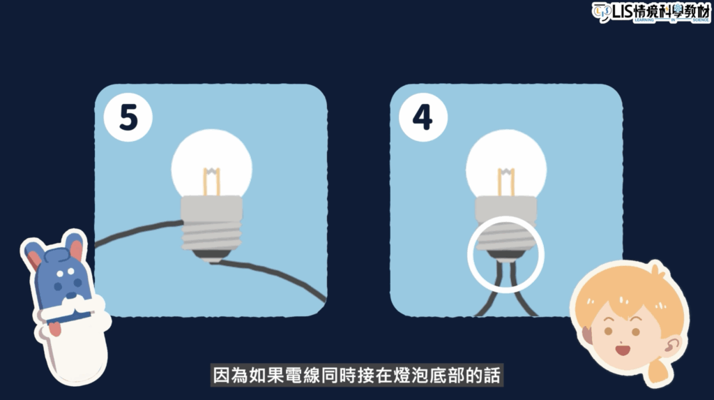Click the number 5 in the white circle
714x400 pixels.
click(128, 117)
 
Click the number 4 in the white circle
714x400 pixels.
click(422, 117)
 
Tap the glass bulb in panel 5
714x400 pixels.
click(212, 162)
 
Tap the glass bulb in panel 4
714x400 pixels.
click(506, 162)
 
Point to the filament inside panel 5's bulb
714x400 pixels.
click(212, 182)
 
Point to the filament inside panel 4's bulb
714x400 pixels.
click(506, 182)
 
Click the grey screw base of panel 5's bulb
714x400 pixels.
click(212, 225)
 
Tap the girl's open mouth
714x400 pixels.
click(622, 350)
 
